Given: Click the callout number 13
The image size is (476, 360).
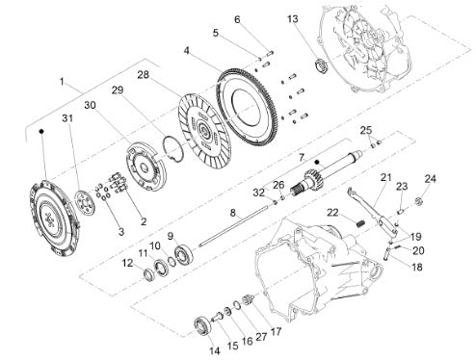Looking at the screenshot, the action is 293,19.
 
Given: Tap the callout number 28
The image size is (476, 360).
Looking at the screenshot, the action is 144,75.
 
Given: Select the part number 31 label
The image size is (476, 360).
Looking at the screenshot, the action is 67,118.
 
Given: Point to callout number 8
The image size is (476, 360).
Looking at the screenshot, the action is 233,213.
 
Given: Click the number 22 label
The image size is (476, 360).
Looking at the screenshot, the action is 332,213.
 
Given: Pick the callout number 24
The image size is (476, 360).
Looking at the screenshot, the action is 431,179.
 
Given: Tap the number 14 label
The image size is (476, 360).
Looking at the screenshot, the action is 215,350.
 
